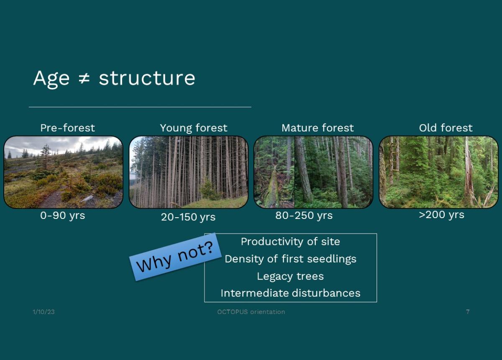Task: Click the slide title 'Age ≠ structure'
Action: click(x=114, y=78)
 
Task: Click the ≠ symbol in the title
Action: click(x=84, y=79)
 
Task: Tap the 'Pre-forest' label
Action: click(x=67, y=128)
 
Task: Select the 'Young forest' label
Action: click(x=194, y=128)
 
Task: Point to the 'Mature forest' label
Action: click(x=318, y=128)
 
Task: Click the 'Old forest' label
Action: click(x=446, y=128)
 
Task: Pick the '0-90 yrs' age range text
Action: click(x=62, y=216)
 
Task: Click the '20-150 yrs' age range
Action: click(x=188, y=217)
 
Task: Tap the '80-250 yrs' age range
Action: click(x=304, y=216)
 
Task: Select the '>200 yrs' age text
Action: click(x=441, y=215)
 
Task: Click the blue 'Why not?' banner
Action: click(x=175, y=257)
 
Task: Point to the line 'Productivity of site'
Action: click(x=290, y=242)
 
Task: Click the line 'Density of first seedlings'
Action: click(x=290, y=259)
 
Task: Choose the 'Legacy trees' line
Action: click(x=290, y=276)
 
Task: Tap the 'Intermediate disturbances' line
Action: click(x=290, y=293)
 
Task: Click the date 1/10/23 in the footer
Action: click(x=44, y=312)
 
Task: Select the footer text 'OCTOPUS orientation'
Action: click(x=251, y=312)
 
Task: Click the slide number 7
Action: click(x=468, y=312)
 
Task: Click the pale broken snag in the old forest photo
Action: click(x=469, y=173)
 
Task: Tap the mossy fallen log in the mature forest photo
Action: click(x=272, y=187)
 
